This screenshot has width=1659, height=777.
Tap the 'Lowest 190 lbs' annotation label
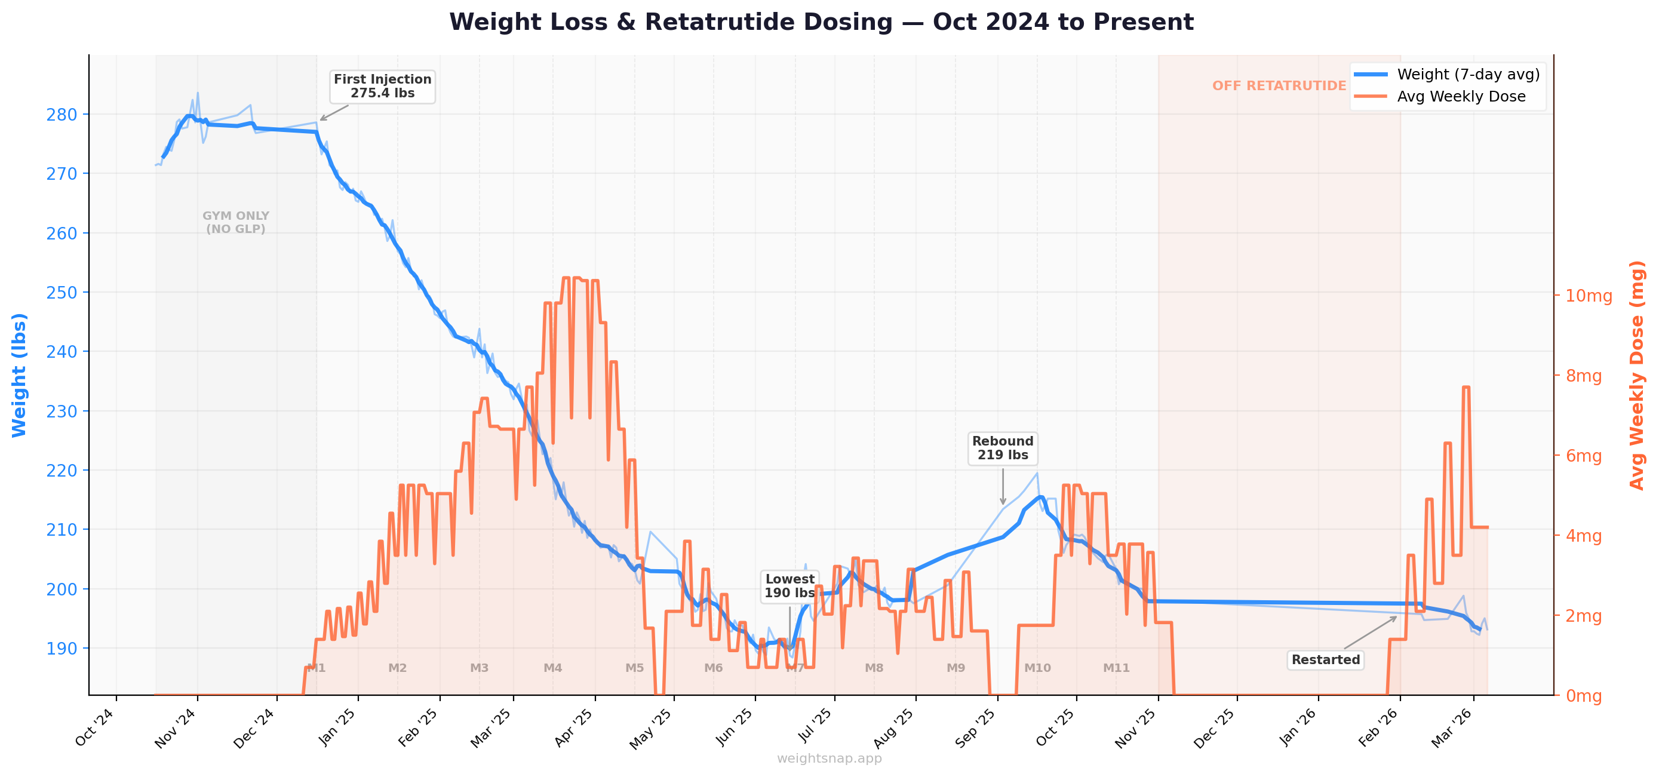tap(789, 586)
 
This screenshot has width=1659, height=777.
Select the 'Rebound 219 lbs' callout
tap(1002, 448)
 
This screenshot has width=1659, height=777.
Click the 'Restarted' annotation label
tap(1325, 659)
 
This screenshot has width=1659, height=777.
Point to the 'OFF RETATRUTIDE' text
tap(1279, 85)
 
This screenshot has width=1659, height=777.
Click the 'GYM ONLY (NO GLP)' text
tap(236, 222)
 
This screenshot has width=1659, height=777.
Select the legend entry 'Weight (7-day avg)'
tap(1468, 74)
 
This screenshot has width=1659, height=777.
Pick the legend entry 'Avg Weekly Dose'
tap(1461, 97)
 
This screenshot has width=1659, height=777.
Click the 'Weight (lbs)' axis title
tap(19, 375)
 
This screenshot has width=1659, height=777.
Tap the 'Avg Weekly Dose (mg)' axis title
tap(1636, 375)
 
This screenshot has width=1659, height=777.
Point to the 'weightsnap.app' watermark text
tap(829, 758)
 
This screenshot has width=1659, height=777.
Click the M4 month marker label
tap(552, 668)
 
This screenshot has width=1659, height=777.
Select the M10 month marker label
tap(1037, 668)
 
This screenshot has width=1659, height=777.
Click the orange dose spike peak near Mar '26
tap(1466, 387)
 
